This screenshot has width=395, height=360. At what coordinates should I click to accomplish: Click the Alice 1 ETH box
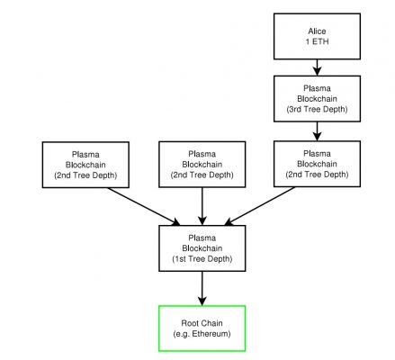(x=317, y=36)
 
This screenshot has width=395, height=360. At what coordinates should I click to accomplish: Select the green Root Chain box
(x=202, y=328)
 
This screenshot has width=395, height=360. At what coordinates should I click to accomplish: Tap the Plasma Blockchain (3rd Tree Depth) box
(x=317, y=99)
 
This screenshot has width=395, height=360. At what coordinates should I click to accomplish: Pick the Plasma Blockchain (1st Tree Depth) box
(x=202, y=248)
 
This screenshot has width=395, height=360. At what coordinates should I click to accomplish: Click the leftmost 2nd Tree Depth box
(x=85, y=165)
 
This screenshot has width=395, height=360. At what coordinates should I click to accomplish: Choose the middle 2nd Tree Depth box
(x=202, y=165)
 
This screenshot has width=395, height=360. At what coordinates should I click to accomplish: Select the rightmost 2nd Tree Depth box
(x=317, y=164)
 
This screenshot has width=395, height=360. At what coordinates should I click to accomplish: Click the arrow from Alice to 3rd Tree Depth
(x=317, y=67)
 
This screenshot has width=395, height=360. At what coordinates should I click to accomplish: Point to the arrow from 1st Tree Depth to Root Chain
(x=202, y=288)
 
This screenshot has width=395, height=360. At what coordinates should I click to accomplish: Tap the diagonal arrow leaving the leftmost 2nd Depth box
(x=144, y=206)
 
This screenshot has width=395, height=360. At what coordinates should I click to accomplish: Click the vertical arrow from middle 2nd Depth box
(x=202, y=206)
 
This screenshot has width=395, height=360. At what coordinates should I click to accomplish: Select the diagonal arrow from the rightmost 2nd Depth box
(x=259, y=206)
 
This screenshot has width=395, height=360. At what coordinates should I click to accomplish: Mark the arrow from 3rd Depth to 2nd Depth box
(x=317, y=131)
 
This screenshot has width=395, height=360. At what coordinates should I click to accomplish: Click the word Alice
(x=317, y=31)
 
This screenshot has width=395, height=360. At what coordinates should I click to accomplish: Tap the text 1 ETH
(x=317, y=41)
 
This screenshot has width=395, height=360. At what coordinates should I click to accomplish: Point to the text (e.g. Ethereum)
(x=202, y=334)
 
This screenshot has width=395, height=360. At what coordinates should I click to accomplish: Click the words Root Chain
(x=202, y=323)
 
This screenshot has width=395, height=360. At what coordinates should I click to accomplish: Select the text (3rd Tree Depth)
(x=317, y=109)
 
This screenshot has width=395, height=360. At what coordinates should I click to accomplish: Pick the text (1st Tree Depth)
(x=202, y=259)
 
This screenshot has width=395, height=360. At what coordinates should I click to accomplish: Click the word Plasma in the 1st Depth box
(x=202, y=238)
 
